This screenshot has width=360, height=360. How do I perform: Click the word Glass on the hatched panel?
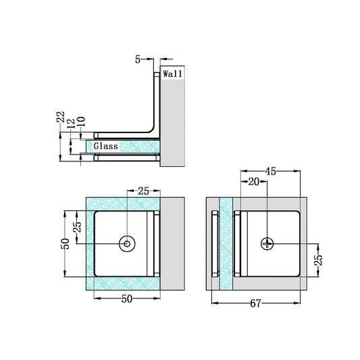pos(105,147)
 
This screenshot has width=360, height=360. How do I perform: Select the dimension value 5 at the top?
pos(138,59)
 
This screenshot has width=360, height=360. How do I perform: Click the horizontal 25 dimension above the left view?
pos(143,191)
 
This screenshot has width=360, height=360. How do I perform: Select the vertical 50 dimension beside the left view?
pos(66,243)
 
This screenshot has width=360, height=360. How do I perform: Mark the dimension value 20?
pos(255,182)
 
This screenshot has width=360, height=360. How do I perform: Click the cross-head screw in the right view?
pos(267,244)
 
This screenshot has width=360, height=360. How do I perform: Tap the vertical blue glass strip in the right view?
pos(226,244)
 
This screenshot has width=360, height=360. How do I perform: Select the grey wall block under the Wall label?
pos(172,122)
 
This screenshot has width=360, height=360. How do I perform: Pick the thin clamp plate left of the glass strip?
pos(215,244)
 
